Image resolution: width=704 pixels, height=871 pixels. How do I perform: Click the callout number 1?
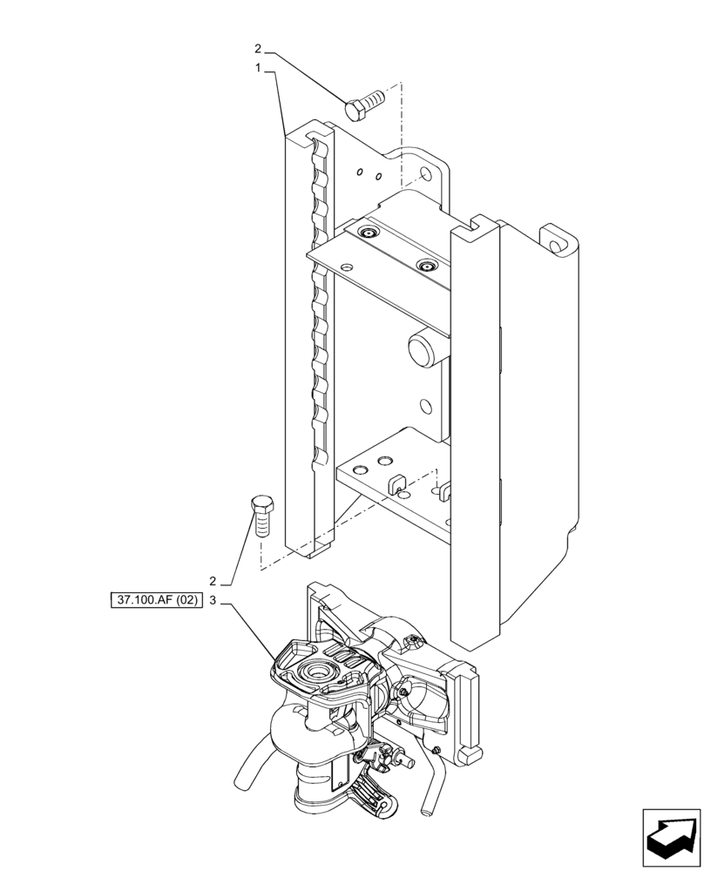pyautogui.click(x=259, y=67)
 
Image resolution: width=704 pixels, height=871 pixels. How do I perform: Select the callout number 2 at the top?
pyautogui.click(x=258, y=48)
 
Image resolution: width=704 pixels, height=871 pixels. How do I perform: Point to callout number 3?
pyautogui.click(x=212, y=600)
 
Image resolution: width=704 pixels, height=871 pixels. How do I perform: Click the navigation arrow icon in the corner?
pyautogui.click(x=670, y=837)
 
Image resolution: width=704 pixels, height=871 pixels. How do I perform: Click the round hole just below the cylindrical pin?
pyautogui.click(x=426, y=407)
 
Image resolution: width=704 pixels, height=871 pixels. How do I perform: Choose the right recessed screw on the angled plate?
pyautogui.click(x=426, y=266)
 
